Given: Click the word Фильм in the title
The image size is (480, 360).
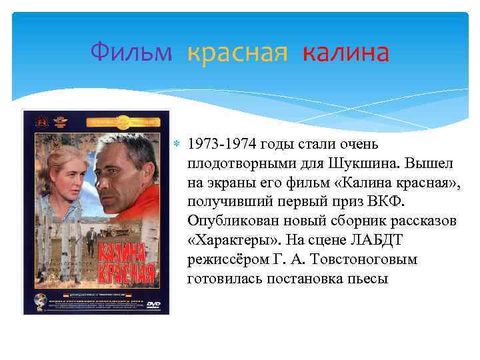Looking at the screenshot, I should (x=131, y=51).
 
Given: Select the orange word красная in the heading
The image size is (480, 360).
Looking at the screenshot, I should (x=237, y=51).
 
